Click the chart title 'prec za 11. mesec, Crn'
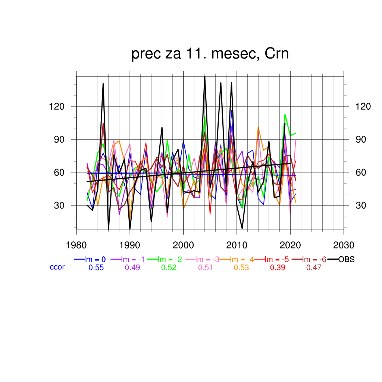tap(210, 54)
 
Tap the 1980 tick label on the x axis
tap(76, 245)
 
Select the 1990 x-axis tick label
tap(130, 245)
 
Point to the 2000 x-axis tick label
tap(183, 245)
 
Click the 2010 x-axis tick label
tap(237, 245)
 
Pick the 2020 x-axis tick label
tap(290, 245)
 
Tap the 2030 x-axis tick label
tap(344, 245)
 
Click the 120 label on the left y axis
tap(57, 107)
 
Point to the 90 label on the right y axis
tap(361, 140)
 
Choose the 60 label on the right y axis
tap(361, 173)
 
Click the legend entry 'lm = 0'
tap(95, 260)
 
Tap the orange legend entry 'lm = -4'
tap(242, 260)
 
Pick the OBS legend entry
tap(346, 260)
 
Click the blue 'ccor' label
tap(57, 267)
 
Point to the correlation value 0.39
tap(277, 267)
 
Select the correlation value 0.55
tap(96, 267)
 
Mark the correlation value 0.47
tap(313, 267)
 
